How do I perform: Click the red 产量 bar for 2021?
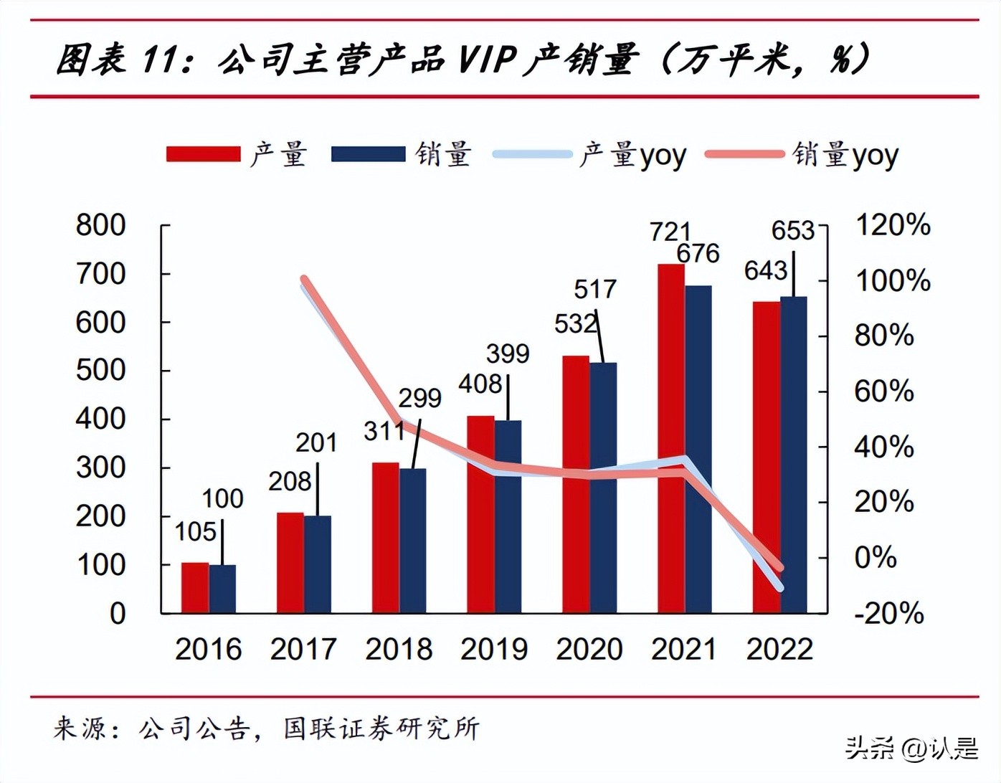point(670,437)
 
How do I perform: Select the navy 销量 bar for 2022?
point(793,455)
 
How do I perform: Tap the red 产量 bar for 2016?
point(194,587)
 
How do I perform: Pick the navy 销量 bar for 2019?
point(508,516)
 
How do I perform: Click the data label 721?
point(670,232)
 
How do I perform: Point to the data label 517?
point(594,289)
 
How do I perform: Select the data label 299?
point(419,398)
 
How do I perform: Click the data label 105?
point(195,531)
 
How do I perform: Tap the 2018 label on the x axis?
point(399,649)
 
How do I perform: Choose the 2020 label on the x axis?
point(589,649)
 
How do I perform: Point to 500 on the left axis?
point(100,370)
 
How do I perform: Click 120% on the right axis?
point(893,225)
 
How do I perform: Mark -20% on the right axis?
point(888,614)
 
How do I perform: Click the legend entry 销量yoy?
point(845,154)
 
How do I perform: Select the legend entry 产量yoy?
point(632,154)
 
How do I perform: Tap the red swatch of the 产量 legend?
point(203,154)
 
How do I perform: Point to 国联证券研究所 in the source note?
point(381,729)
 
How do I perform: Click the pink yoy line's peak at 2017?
point(304,280)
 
